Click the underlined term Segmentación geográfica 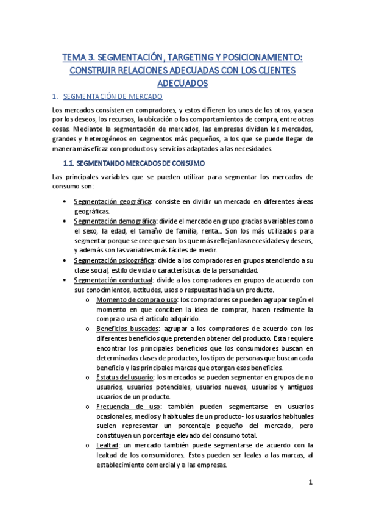pos(112,201)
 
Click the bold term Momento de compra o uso pos(136,300)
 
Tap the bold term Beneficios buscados pos(124,329)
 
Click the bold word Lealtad pos(108,446)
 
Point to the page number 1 pos(310,482)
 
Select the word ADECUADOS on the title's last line pos(183,83)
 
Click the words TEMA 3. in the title pos(78,58)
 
